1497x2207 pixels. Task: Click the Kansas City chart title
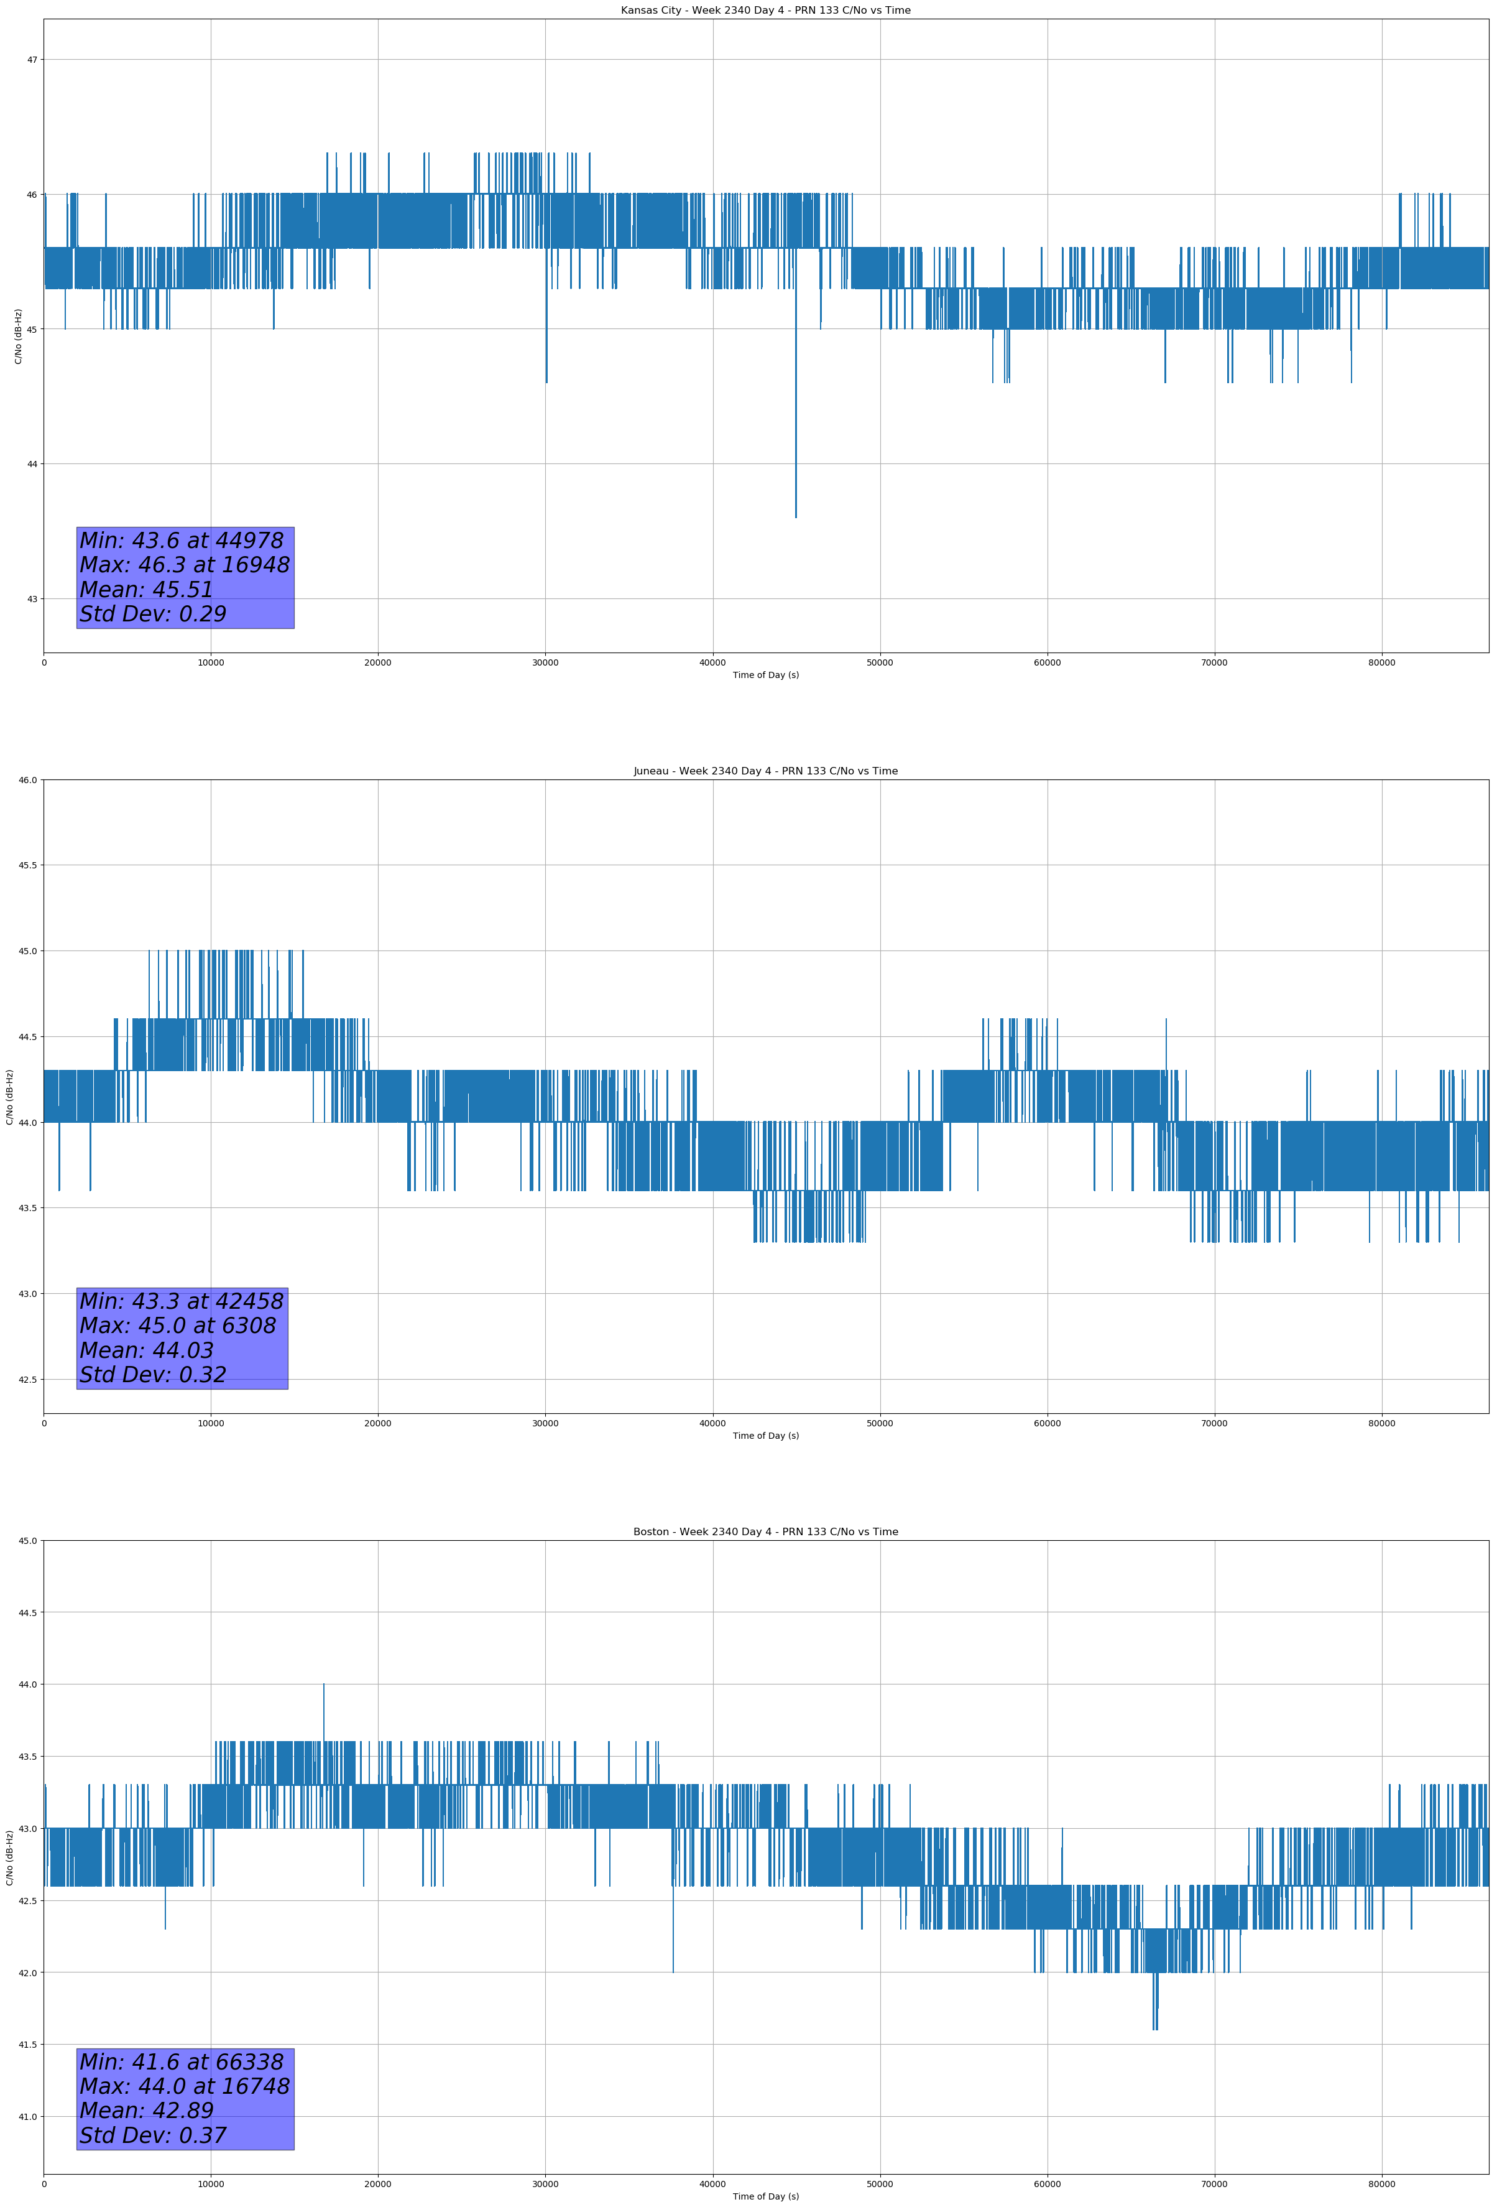(765, 11)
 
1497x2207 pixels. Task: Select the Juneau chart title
(765, 771)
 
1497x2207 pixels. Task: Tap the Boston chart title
(765, 1532)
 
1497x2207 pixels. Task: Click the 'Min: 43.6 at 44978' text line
(182, 541)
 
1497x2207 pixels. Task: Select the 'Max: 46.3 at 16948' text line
(184, 565)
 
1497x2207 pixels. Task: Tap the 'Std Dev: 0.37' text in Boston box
(153, 2135)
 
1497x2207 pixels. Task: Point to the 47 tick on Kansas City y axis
(32, 60)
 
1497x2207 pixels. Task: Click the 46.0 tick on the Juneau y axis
(27, 779)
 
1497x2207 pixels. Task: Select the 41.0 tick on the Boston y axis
(27, 2117)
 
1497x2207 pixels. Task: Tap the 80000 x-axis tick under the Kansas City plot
(1381, 663)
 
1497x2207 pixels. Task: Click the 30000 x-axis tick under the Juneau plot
(545, 1423)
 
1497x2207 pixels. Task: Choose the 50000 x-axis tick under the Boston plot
(880, 2184)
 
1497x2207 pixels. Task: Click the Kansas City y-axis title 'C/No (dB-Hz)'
(18, 336)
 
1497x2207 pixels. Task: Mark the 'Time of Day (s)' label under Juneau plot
(765, 1436)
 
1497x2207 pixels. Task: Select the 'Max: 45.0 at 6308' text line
(178, 1326)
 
